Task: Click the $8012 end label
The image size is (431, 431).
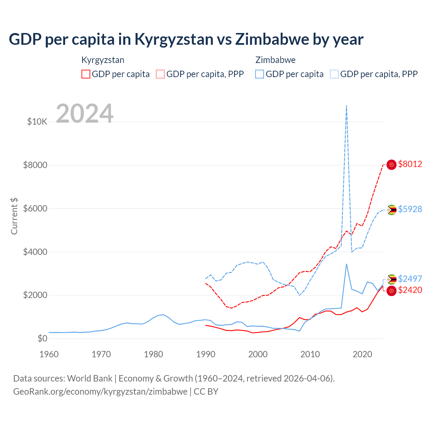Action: coord(410,164)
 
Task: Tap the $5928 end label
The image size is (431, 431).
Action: coord(410,209)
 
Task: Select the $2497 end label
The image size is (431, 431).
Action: coord(410,279)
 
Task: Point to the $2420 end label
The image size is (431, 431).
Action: coord(410,290)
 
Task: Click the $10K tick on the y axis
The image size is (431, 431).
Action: coord(37,122)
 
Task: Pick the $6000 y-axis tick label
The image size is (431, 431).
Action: coord(35,208)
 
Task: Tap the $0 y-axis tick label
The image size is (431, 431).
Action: coord(42,338)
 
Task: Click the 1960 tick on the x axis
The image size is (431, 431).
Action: coord(49,354)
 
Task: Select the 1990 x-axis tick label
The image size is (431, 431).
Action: coord(206,354)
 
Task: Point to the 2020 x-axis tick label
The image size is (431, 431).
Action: coord(362,354)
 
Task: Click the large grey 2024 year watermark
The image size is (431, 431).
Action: coord(85,113)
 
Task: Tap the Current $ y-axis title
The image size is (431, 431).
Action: coord(14,216)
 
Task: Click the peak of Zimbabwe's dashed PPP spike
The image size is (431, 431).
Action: coord(346,106)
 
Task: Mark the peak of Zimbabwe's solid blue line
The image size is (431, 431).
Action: coord(346,264)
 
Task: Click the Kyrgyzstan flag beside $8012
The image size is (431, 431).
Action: coord(391,165)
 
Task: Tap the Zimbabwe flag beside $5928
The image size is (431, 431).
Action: coord(391,210)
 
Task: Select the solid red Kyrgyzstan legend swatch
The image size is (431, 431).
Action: coord(86,74)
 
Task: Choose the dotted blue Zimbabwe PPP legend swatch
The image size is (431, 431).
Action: coord(334,74)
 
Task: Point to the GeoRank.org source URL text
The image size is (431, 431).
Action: coord(100,392)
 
